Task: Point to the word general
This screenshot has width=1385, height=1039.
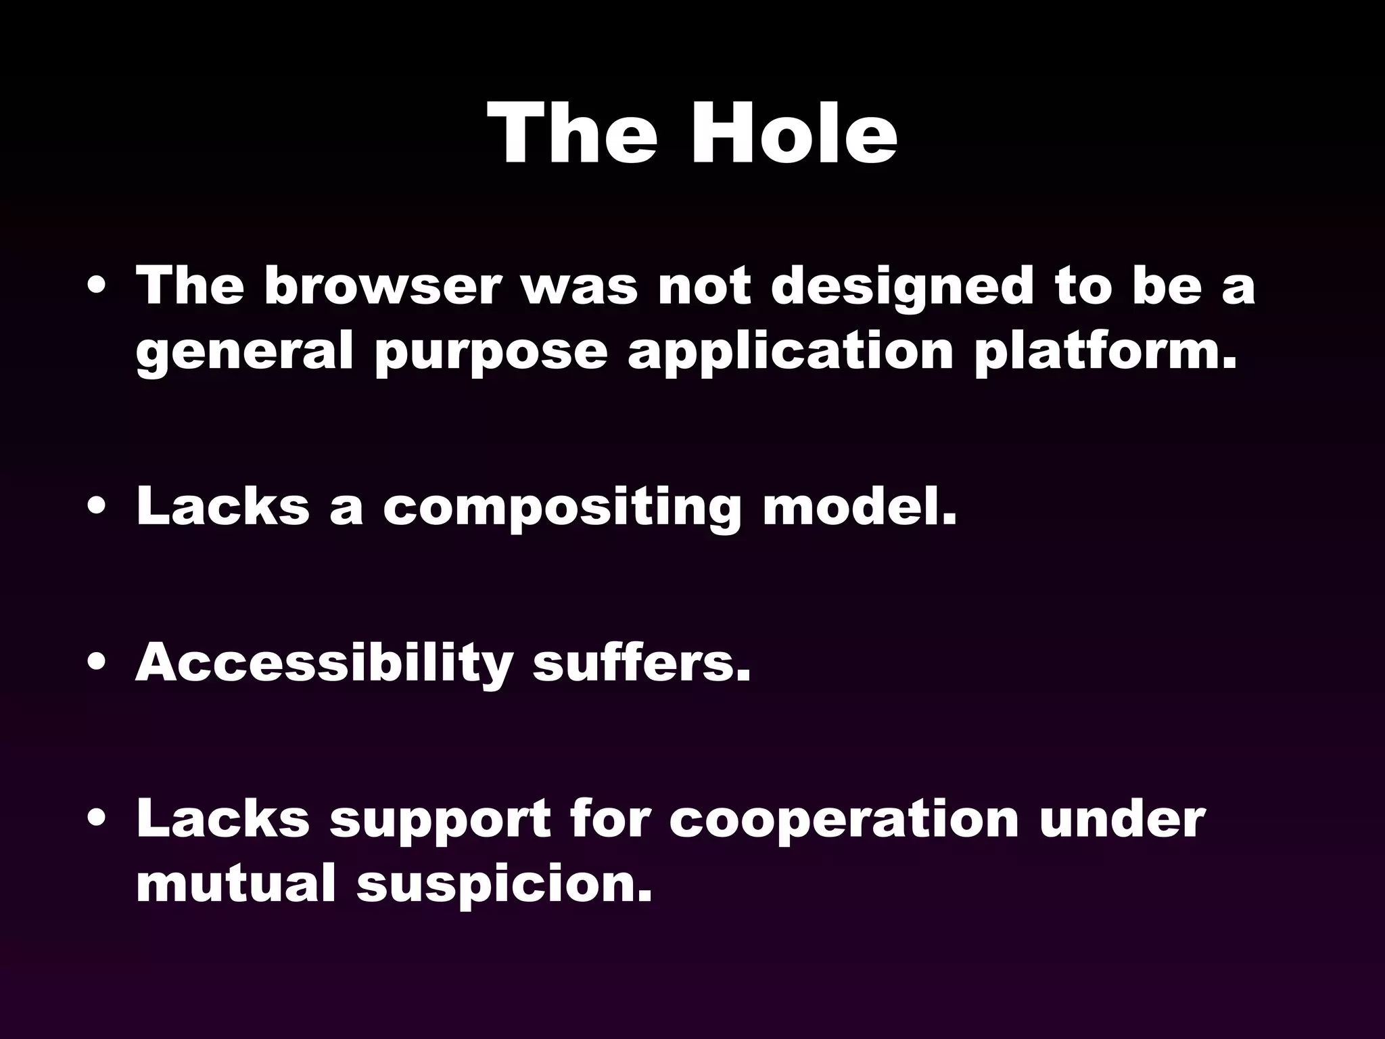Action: [x=244, y=353]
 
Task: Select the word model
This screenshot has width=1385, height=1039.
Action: [x=860, y=507]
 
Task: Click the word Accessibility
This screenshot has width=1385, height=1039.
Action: [x=323, y=664]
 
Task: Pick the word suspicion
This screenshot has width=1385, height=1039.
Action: [x=504, y=885]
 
